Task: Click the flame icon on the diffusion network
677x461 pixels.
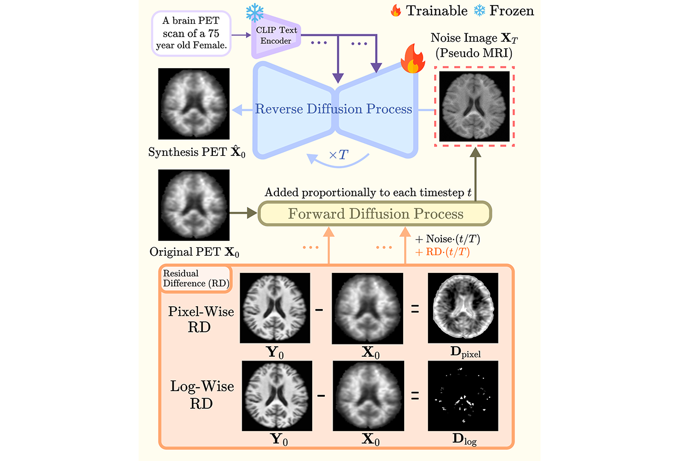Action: point(411,60)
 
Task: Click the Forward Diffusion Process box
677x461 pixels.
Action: point(375,214)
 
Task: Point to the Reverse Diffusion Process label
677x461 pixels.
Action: point(333,109)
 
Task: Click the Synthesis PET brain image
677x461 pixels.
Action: point(194,104)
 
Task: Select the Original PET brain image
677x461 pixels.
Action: point(194,205)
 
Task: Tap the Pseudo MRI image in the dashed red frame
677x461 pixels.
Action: point(474,107)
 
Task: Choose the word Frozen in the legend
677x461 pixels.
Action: point(511,11)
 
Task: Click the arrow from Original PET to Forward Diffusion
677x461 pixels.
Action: point(245,211)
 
